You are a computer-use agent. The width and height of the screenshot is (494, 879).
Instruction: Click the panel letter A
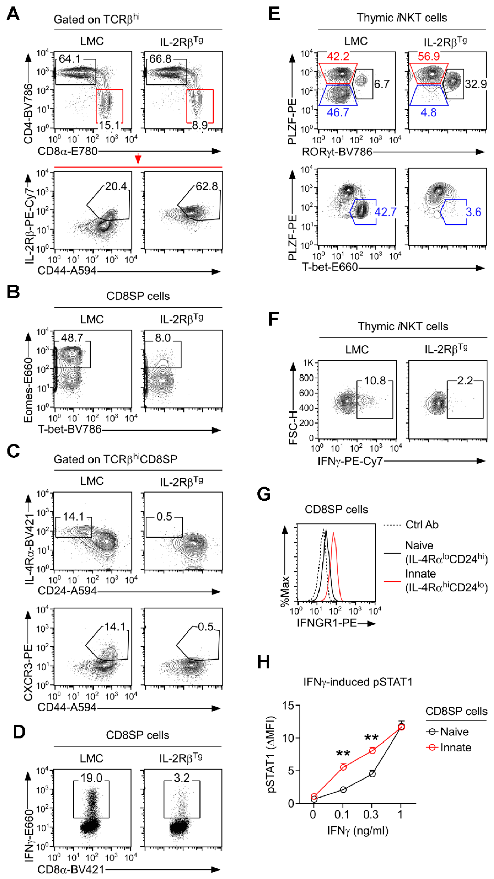13,14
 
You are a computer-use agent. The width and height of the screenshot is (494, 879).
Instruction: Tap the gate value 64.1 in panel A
69,59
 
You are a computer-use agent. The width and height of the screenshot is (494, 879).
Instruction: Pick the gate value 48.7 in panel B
72,338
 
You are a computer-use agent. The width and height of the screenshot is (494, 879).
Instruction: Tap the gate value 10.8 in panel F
375,381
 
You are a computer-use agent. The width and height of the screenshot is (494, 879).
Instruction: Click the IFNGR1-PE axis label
327,623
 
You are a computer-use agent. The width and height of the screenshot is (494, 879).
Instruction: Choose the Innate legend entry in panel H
455,748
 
